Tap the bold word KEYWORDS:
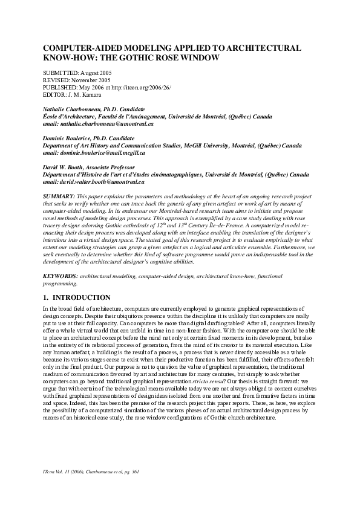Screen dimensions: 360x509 [x=61, y=276]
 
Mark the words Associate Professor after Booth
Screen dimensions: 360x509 [x=116, y=167]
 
